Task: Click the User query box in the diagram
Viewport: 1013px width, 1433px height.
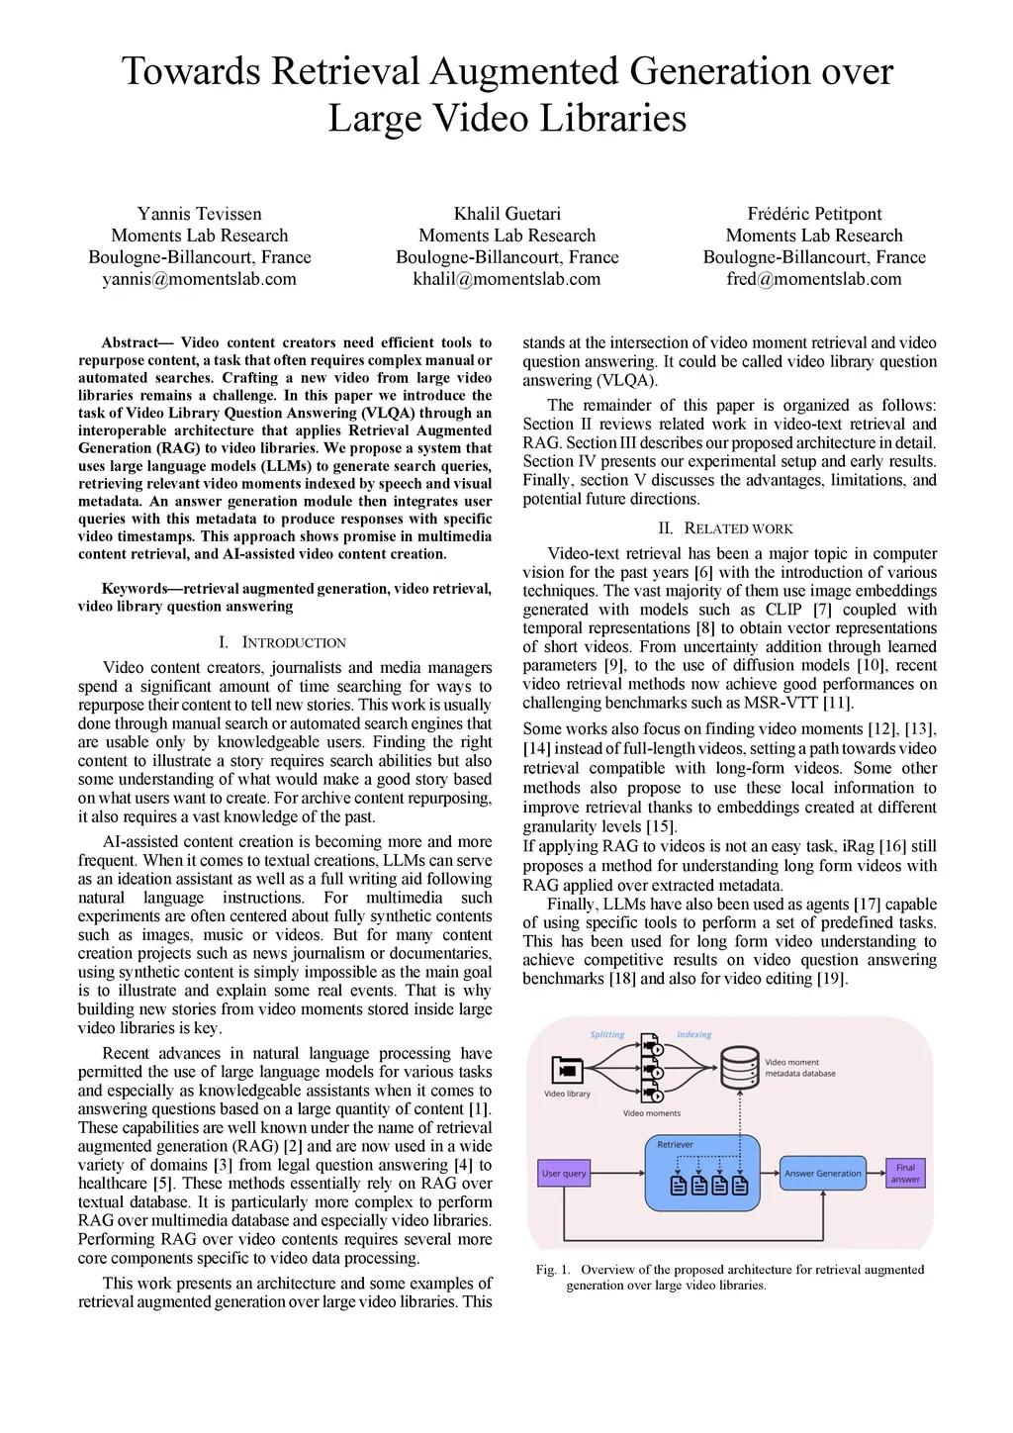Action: coord(564,1174)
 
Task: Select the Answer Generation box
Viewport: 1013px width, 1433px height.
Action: coord(822,1174)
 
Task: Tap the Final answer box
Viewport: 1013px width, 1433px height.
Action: coord(905,1174)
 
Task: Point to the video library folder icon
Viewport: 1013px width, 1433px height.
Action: coord(567,1071)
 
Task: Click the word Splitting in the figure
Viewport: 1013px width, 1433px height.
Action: coord(607,1035)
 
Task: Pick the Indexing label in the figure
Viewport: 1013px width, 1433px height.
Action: coord(693,1035)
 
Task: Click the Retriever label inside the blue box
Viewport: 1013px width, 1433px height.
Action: coord(676,1145)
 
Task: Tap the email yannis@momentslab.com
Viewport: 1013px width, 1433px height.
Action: coord(199,279)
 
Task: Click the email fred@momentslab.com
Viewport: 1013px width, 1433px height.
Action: coord(814,279)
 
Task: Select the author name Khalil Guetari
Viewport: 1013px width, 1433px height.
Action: coord(506,214)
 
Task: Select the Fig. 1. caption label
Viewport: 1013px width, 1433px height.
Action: coord(553,1270)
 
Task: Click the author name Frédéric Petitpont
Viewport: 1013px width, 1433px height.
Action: coord(814,214)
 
